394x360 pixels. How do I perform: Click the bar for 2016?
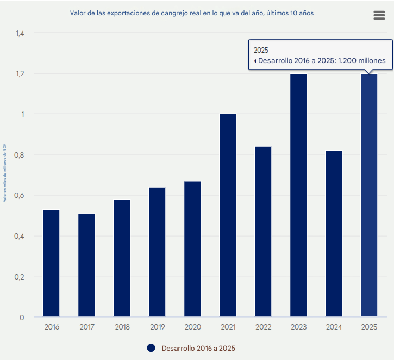pyautogui.click(x=51, y=263)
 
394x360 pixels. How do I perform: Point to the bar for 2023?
pyautogui.click(x=298, y=195)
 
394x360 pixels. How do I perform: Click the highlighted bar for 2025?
pyautogui.click(x=369, y=195)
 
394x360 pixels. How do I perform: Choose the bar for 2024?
pyautogui.click(x=334, y=234)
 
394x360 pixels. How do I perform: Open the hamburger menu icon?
pyautogui.click(x=379, y=15)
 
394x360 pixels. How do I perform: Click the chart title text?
pyautogui.click(x=192, y=13)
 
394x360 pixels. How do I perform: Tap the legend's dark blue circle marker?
pyautogui.click(x=151, y=348)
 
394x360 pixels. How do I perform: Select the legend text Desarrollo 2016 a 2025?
pyautogui.click(x=198, y=348)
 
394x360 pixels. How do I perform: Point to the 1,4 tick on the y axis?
pyautogui.click(x=20, y=33)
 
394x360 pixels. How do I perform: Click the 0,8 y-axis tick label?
pyautogui.click(x=20, y=155)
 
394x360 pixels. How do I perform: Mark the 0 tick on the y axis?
pyautogui.click(x=22, y=318)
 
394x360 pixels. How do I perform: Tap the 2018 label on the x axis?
pyautogui.click(x=122, y=327)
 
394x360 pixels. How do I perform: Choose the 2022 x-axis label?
pyautogui.click(x=264, y=327)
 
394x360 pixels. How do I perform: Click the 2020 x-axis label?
pyautogui.click(x=193, y=327)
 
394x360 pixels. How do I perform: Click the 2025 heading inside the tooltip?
pyautogui.click(x=261, y=50)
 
